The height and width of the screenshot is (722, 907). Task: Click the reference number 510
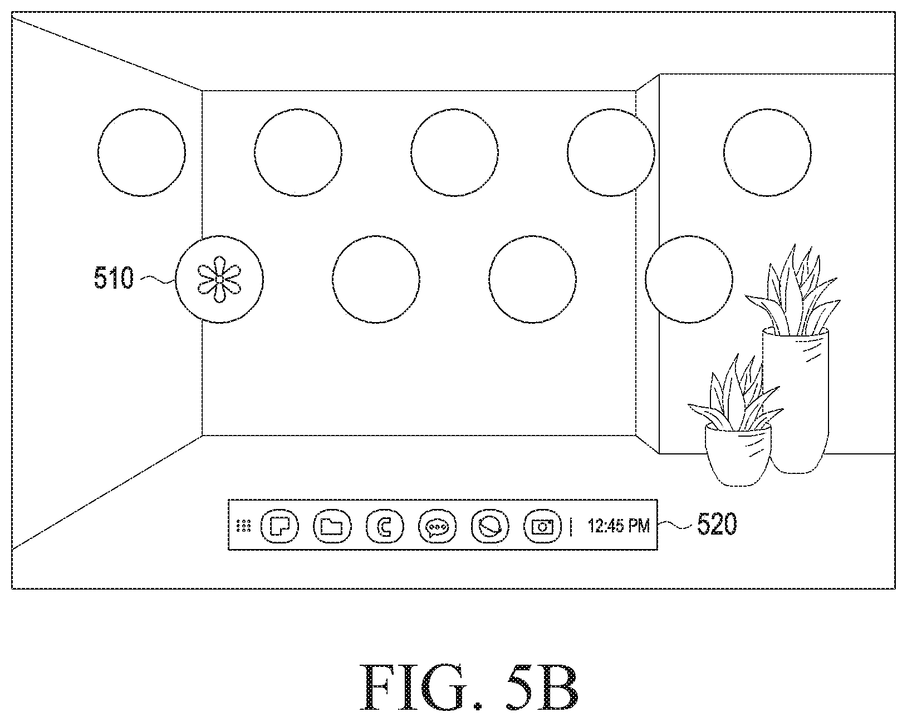114,278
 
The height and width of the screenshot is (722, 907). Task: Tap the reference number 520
717,524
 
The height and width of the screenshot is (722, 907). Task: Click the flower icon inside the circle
219,279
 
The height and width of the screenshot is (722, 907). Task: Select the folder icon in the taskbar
332,526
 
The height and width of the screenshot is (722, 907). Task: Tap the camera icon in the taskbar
542,526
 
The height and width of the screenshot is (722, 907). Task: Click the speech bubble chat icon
437,526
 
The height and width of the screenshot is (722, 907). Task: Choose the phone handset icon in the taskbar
384,526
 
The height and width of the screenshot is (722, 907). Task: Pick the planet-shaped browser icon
490,526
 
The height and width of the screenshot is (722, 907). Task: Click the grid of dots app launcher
244,526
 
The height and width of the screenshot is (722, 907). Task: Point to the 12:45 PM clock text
619,526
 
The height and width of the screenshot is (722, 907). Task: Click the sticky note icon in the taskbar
280,526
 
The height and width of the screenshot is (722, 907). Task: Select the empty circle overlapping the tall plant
689,279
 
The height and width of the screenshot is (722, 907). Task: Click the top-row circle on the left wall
141,152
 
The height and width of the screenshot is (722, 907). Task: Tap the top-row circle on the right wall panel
767,152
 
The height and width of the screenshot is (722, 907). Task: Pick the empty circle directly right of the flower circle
376,279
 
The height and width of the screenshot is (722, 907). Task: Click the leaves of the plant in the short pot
736,394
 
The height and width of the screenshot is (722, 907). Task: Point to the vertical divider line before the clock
571,527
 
